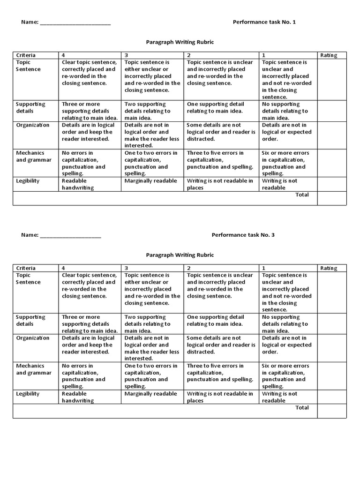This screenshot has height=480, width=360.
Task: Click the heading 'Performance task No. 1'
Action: pyautogui.click(x=264, y=22)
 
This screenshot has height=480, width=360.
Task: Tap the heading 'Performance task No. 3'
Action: pyautogui.click(x=243, y=235)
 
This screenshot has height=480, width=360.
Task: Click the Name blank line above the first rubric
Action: pyautogui.click(x=75, y=23)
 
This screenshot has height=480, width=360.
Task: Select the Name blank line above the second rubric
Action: pyautogui.click(x=70, y=236)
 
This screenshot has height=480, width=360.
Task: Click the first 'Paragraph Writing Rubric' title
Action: pyautogui.click(x=180, y=42)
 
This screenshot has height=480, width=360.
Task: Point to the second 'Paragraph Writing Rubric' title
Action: pyautogui.click(x=180, y=255)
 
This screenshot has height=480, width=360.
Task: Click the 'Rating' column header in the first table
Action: pyautogui.click(x=329, y=55)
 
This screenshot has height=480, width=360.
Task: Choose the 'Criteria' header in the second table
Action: pyautogui.click(x=26, y=268)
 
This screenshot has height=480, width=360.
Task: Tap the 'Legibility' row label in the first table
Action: pyautogui.click(x=28, y=181)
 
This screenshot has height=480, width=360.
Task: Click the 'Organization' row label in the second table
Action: pyautogui.click(x=33, y=338)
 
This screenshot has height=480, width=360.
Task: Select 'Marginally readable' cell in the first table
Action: pyautogui.click(x=150, y=181)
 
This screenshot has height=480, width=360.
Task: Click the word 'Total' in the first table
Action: pyautogui.click(x=302, y=195)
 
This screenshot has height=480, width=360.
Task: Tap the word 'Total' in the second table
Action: pyautogui.click(x=302, y=407)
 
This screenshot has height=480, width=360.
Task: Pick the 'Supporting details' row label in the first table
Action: pyautogui.click(x=30, y=107)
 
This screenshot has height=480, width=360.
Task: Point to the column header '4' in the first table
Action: pyautogui.click(x=63, y=55)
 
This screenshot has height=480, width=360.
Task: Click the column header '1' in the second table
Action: pyautogui.click(x=263, y=268)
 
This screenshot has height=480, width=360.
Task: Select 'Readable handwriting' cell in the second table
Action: pyautogui.click(x=78, y=397)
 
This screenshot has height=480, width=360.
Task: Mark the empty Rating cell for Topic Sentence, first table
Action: pyautogui.click(x=331, y=79)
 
